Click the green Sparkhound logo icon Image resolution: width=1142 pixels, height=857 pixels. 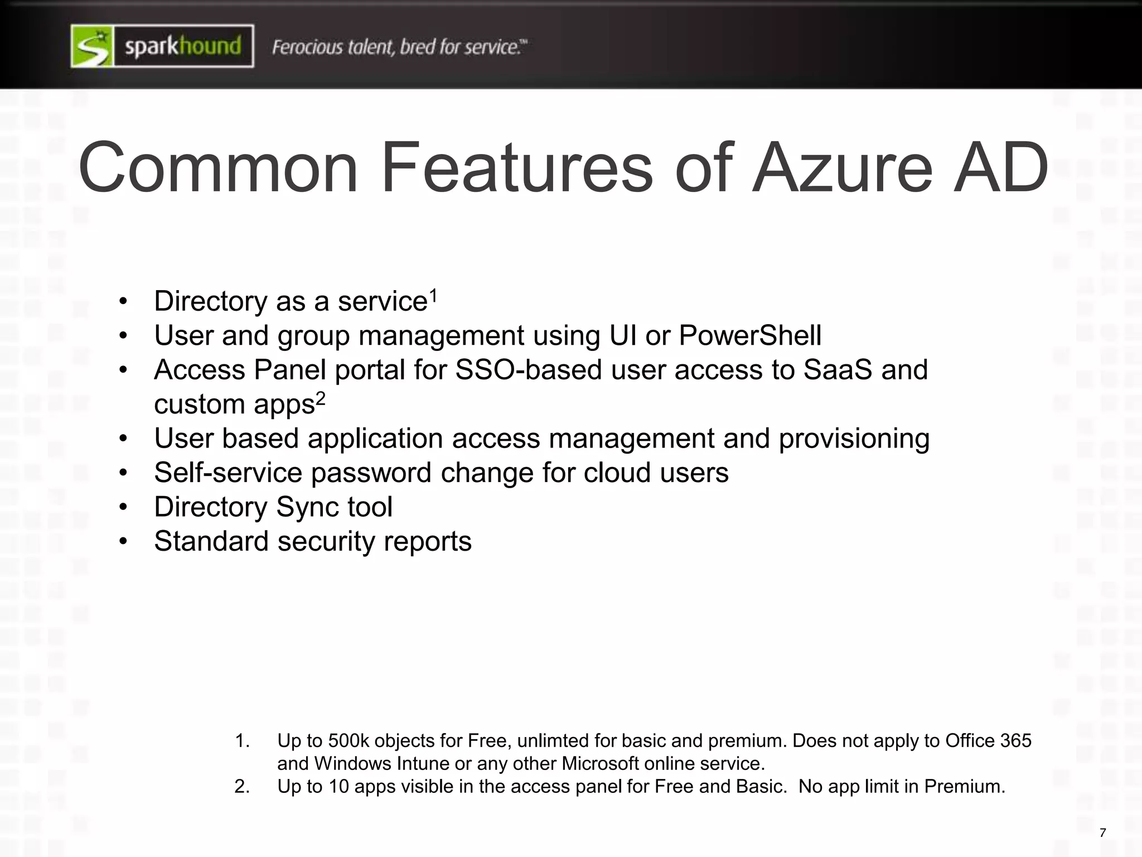coord(93,46)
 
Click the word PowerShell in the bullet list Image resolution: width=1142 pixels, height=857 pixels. coord(749,335)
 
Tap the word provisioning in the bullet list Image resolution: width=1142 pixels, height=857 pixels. coord(854,438)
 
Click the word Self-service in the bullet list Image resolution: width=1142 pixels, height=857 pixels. coord(228,473)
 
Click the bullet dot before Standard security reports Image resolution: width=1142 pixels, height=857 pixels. coord(123,541)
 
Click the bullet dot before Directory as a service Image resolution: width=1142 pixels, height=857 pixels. coord(123,301)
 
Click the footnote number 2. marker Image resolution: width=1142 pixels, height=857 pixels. coord(241,786)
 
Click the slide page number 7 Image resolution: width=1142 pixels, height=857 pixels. coord(1102,833)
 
